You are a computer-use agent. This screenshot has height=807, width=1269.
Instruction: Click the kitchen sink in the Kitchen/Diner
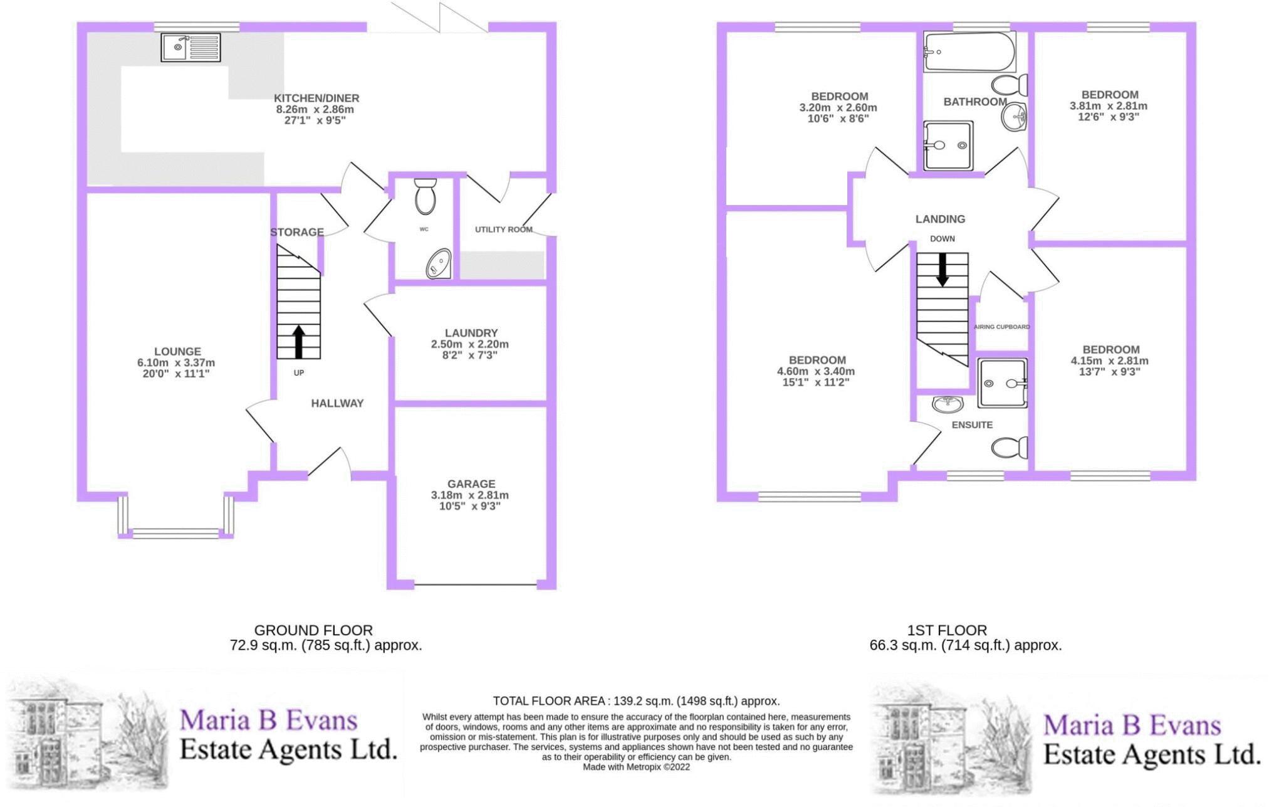(191, 47)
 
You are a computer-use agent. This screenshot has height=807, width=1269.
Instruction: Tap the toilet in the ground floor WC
(425, 196)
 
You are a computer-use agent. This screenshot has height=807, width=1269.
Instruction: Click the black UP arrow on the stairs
(299, 342)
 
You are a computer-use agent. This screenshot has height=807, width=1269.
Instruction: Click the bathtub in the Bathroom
(969, 52)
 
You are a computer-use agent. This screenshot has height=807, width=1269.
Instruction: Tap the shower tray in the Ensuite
(1003, 382)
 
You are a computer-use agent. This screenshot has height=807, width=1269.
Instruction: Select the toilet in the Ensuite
(1010, 448)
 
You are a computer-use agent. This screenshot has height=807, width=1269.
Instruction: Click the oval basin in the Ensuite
(947, 404)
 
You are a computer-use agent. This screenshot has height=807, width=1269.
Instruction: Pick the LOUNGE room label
(178, 352)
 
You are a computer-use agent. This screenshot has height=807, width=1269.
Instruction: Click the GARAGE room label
(471, 484)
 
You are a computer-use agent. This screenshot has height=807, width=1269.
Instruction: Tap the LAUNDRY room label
(471, 333)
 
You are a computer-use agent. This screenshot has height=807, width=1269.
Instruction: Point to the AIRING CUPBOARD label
(1002, 327)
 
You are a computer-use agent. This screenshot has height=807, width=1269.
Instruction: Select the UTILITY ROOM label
(504, 229)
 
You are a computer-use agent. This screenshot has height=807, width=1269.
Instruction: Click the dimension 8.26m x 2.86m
(315, 109)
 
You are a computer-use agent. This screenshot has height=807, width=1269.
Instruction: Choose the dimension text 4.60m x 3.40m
(816, 371)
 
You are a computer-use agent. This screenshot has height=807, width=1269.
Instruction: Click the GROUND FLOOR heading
(313, 630)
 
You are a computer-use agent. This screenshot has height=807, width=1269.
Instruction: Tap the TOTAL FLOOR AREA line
(636, 701)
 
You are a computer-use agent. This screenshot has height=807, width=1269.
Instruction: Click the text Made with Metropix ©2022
(636, 767)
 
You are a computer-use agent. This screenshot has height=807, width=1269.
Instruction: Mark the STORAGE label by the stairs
(297, 232)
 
